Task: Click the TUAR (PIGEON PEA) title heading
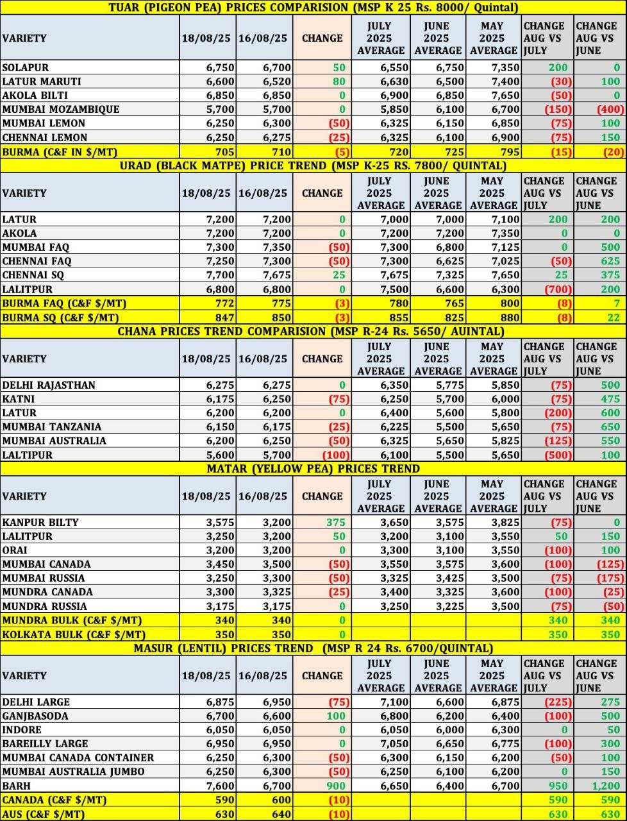click(313, 8)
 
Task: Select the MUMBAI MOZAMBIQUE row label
click(61, 109)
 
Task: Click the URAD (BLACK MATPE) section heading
click(313, 165)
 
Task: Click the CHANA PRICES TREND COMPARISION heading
click(311, 331)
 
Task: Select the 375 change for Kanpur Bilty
click(336, 522)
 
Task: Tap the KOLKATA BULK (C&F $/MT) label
click(74, 634)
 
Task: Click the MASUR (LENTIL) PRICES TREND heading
click(313, 648)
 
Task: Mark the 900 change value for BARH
click(336, 786)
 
